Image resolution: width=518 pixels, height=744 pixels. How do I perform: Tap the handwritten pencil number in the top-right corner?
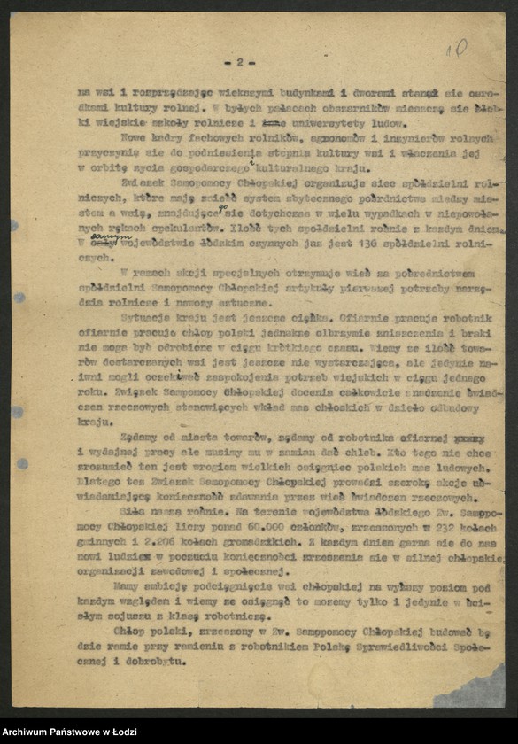tap(456, 48)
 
